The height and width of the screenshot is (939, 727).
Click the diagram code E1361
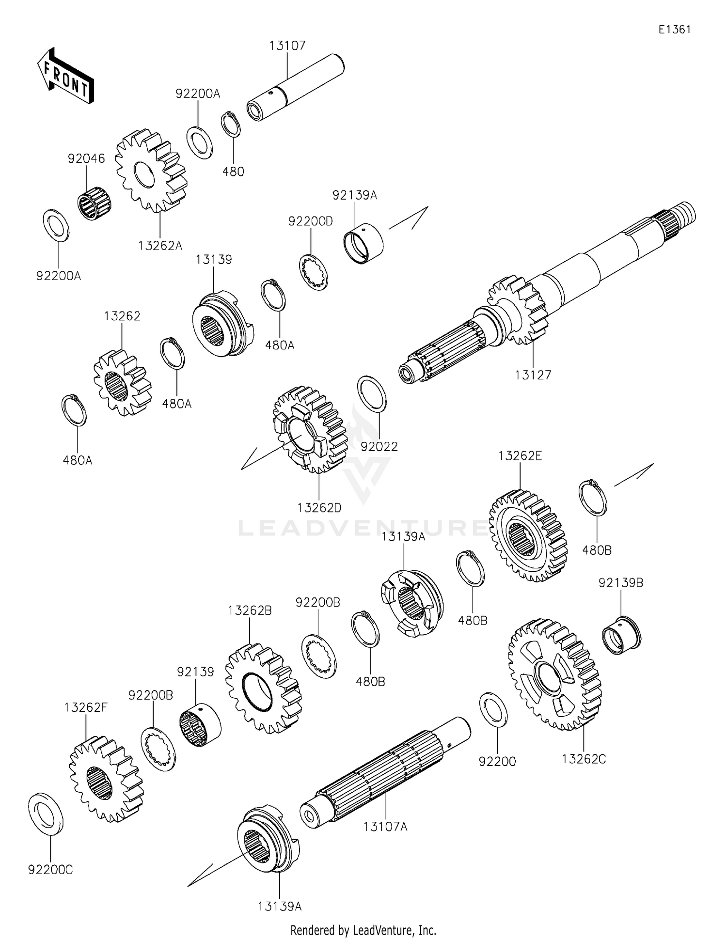click(674, 30)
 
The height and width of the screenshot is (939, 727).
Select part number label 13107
click(287, 46)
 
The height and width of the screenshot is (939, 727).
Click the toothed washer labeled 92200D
click(313, 272)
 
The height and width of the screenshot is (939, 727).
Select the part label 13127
click(533, 375)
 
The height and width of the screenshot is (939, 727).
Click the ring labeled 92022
click(372, 393)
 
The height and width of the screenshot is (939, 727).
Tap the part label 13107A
click(385, 827)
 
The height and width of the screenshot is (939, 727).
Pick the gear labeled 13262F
click(106, 780)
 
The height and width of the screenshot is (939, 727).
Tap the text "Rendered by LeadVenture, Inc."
click(363, 930)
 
